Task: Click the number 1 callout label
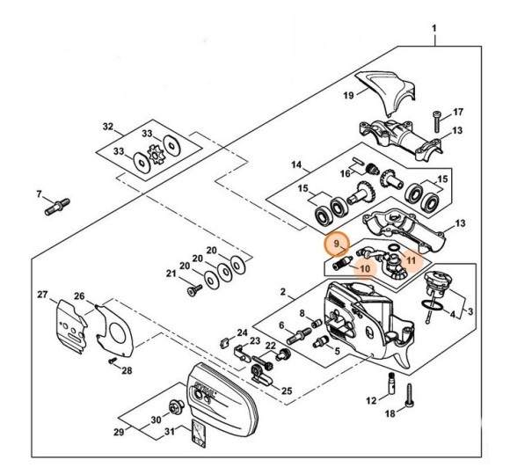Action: [x=433, y=29]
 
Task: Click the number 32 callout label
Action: [x=107, y=128]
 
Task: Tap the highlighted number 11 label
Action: [x=410, y=261]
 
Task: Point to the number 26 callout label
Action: [x=79, y=296]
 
